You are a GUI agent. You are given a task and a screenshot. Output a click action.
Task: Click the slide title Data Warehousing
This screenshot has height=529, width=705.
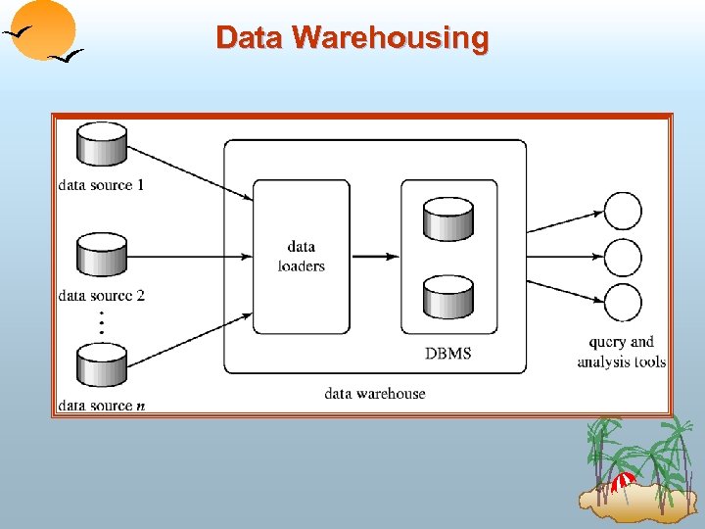(352, 38)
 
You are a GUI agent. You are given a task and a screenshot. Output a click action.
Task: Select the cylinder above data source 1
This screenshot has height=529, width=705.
(102, 144)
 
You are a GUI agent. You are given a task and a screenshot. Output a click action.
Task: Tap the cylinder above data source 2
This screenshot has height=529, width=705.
(102, 255)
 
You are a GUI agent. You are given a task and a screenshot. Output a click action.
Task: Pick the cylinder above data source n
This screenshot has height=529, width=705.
(102, 366)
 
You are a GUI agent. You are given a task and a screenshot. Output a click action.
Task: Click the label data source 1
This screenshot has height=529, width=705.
(102, 184)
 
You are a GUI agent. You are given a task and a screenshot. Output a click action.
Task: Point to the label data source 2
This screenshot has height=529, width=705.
(102, 295)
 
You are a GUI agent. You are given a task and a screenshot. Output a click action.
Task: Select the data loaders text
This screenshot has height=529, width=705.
(301, 257)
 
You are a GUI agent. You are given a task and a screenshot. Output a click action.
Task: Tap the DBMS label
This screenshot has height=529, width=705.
(447, 353)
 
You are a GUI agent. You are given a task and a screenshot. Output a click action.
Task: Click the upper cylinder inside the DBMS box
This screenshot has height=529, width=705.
(447, 218)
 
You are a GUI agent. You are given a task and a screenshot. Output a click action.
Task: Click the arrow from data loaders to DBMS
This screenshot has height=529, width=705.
(374, 257)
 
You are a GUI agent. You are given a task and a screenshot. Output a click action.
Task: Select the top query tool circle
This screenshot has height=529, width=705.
(624, 211)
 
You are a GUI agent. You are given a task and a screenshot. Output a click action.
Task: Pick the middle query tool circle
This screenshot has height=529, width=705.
(624, 257)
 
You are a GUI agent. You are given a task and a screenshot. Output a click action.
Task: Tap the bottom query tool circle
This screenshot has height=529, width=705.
(624, 302)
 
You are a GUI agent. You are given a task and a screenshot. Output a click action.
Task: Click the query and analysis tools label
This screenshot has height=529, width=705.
(622, 352)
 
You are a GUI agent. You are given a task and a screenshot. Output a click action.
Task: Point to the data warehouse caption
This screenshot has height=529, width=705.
(375, 393)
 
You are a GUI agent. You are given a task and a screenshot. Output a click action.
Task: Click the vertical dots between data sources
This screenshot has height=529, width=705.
(102, 324)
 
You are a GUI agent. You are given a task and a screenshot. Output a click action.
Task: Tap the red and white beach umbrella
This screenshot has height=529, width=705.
(623, 481)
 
